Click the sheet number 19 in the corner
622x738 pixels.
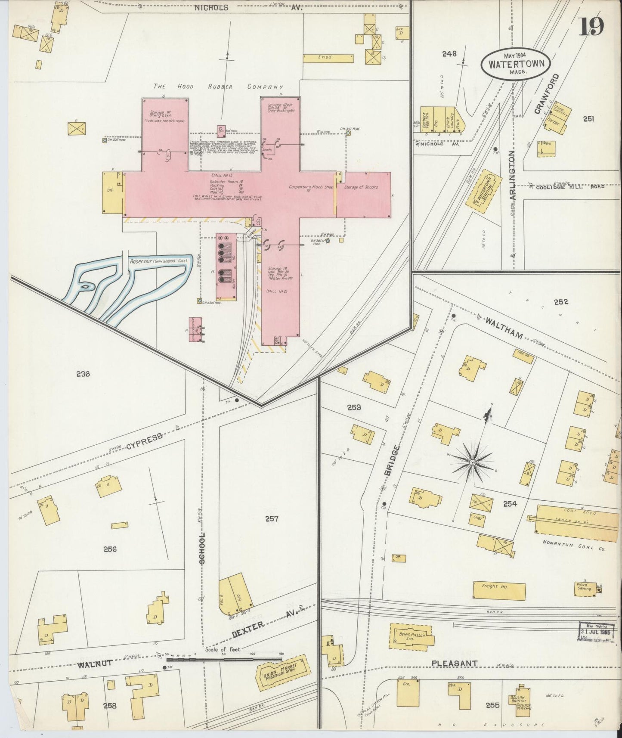tap(591, 27)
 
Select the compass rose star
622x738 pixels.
tap(472, 462)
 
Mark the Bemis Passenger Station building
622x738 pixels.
tap(411, 636)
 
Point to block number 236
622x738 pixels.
tap(83, 374)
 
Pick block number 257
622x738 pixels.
tap(272, 519)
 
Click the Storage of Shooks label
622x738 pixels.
tap(361, 187)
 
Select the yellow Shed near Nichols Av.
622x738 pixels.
tap(328, 57)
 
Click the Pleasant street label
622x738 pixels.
tap(455, 664)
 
